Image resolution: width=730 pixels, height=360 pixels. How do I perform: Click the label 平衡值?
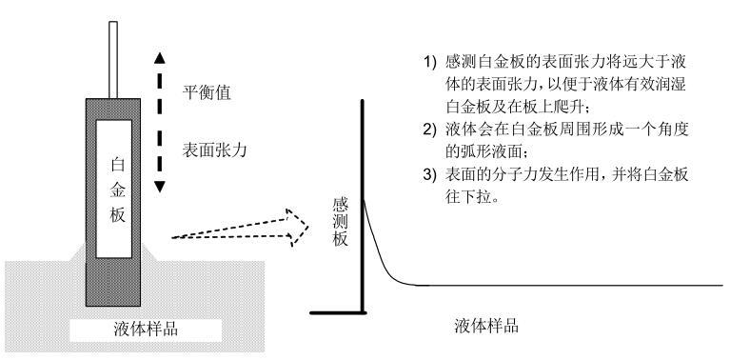[207, 93]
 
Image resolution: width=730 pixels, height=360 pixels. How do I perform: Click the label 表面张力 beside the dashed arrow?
[215, 150]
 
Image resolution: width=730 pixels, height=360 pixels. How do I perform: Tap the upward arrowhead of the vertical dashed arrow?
[160, 58]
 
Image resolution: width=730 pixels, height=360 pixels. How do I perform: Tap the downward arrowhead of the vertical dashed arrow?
[160, 187]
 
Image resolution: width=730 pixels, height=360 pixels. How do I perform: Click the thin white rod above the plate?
[112, 60]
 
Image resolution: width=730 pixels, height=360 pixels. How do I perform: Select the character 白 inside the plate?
[118, 166]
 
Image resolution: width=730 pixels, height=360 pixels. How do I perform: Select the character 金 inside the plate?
[118, 190]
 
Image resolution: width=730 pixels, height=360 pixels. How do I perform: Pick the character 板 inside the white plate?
[118, 214]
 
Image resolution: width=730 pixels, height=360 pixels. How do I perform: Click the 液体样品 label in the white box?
[146, 330]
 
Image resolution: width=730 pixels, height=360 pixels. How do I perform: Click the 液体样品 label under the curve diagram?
[486, 326]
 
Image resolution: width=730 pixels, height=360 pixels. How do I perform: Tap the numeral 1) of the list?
[430, 62]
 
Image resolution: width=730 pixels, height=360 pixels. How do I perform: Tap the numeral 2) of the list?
[430, 130]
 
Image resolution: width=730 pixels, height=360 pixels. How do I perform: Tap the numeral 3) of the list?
[430, 175]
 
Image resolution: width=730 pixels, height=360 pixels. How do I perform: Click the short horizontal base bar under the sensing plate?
[339, 312]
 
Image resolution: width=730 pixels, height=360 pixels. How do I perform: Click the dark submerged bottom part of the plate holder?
[113, 282]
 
